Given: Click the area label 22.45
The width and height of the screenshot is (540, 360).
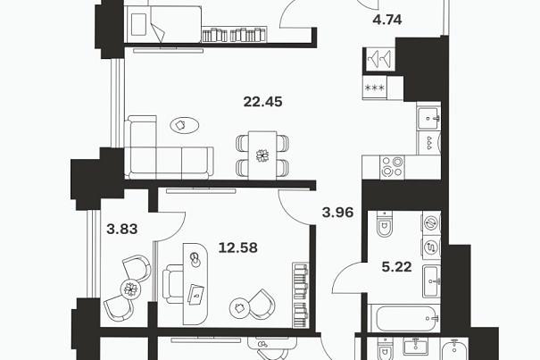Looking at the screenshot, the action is pyautogui.click(x=262, y=102).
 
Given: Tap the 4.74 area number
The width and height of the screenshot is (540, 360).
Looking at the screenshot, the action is pyautogui.click(x=387, y=20).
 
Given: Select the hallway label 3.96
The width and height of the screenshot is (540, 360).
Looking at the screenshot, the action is pyautogui.click(x=337, y=213).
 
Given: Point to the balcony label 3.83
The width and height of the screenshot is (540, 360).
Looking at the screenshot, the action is pyautogui.click(x=122, y=229).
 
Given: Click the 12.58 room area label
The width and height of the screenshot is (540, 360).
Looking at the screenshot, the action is pyautogui.click(x=238, y=247).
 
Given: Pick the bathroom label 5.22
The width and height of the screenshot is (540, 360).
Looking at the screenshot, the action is pyautogui.click(x=396, y=267).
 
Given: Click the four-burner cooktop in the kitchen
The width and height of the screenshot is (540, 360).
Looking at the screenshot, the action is pyautogui.click(x=392, y=167).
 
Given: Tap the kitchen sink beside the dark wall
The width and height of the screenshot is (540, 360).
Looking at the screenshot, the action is pyautogui.click(x=428, y=118).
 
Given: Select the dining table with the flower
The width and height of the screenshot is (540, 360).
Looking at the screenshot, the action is pyautogui.click(x=262, y=155).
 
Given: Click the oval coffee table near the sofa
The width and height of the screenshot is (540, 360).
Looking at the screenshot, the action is pyautogui.click(x=185, y=125).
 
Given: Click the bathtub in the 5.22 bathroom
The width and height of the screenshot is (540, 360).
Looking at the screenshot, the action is pyautogui.click(x=404, y=318).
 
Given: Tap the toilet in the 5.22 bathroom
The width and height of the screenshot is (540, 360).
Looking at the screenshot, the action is pyautogui.click(x=384, y=224).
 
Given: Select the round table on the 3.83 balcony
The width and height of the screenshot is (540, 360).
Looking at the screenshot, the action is pyautogui.click(x=131, y=289).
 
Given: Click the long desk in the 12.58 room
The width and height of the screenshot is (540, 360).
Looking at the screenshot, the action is pyautogui.click(x=195, y=284).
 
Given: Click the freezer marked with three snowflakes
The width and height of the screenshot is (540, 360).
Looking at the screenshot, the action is pyautogui.click(x=375, y=88).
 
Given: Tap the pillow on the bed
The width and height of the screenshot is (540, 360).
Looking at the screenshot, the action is pyautogui.click(x=138, y=24).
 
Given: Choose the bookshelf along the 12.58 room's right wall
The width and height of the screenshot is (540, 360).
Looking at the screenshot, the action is pyautogui.click(x=300, y=295).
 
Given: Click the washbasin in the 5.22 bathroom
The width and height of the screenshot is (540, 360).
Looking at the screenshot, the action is pyautogui.click(x=431, y=281).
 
